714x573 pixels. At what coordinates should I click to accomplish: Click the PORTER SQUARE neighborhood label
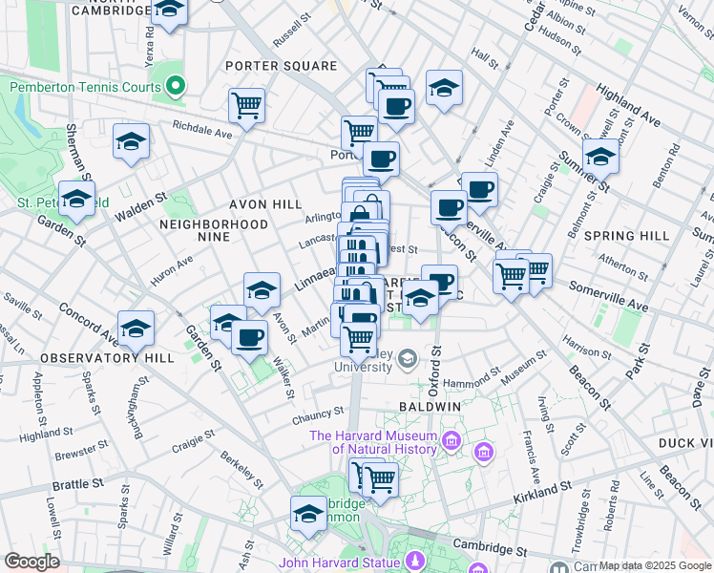pyautogui.click(x=281, y=66)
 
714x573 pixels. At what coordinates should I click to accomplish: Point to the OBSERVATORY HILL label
pyautogui.click(x=107, y=358)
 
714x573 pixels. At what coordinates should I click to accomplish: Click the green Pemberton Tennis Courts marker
pyautogui.click(x=175, y=87)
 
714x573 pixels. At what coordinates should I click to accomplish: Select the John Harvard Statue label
pyautogui.click(x=340, y=562)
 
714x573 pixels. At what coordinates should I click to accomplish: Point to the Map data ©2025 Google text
pyautogui.click(x=654, y=565)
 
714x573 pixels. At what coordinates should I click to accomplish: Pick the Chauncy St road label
pyautogui.click(x=317, y=414)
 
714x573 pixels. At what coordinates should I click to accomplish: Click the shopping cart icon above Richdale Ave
pyautogui.click(x=247, y=105)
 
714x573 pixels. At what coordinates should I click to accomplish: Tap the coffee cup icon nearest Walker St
pyautogui.click(x=250, y=338)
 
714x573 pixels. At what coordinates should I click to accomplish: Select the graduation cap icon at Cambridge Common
pyautogui.click(x=308, y=514)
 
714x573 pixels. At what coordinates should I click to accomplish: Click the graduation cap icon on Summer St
pyautogui.click(x=600, y=155)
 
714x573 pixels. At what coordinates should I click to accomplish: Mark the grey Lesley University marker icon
pyautogui.click(x=408, y=359)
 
